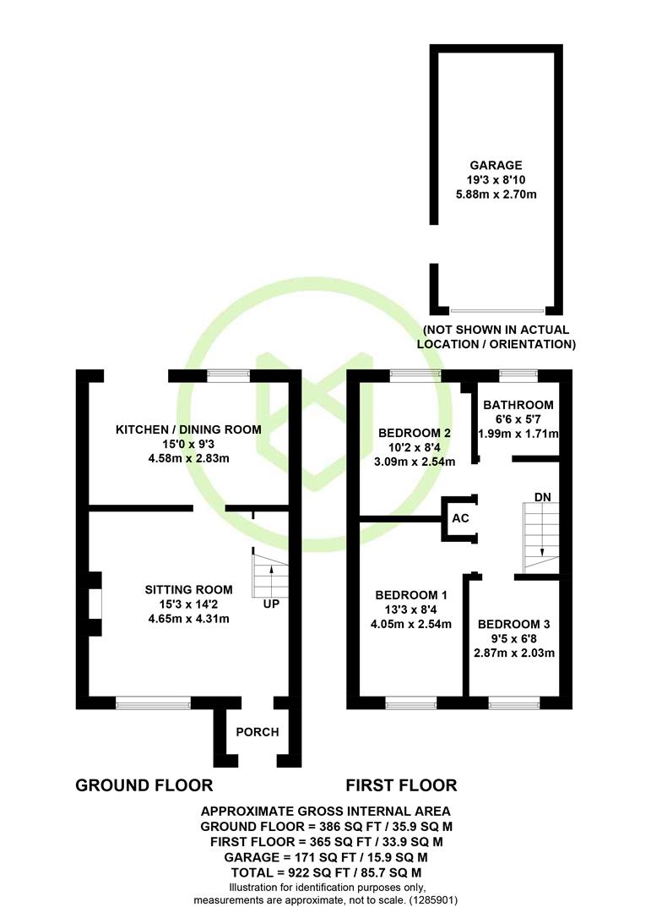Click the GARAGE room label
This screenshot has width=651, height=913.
496,166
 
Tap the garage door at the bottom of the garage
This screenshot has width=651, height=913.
497,311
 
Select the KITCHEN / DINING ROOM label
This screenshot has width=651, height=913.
188,429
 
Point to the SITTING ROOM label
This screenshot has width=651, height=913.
188,590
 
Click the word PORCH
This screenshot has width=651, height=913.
258,732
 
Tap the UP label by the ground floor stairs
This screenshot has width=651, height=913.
271,604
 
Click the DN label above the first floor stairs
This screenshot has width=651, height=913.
543,497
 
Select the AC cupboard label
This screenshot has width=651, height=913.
461,518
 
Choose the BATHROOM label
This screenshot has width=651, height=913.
518,405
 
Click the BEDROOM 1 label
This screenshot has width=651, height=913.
411,595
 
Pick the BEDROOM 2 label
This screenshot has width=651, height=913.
415,433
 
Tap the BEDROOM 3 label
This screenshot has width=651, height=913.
513,624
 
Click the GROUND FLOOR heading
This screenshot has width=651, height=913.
144,785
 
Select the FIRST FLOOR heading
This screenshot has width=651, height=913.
401,785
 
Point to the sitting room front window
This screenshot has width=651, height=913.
154,703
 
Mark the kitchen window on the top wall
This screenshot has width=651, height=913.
229,376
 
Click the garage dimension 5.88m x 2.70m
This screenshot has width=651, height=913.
496,194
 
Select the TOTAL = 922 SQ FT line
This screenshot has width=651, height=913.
326,872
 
